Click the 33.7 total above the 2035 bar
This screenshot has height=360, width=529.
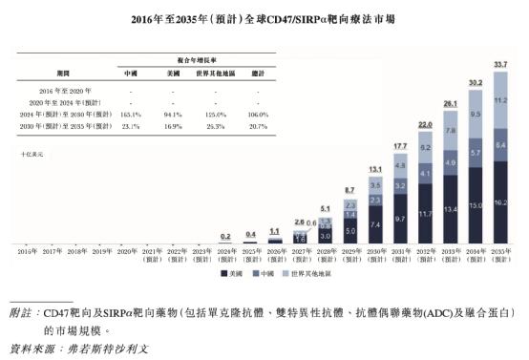[x=499, y=65]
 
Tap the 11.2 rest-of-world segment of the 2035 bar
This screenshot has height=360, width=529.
[x=499, y=100]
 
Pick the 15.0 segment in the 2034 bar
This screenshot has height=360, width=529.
[x=475, y=205]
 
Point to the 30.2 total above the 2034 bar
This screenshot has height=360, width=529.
[x=475, y=82]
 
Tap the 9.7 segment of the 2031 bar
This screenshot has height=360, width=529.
[x=400, y=219]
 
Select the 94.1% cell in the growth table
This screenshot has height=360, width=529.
[x=173, y=114]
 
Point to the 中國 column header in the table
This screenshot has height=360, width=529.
[x=130, y=72]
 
